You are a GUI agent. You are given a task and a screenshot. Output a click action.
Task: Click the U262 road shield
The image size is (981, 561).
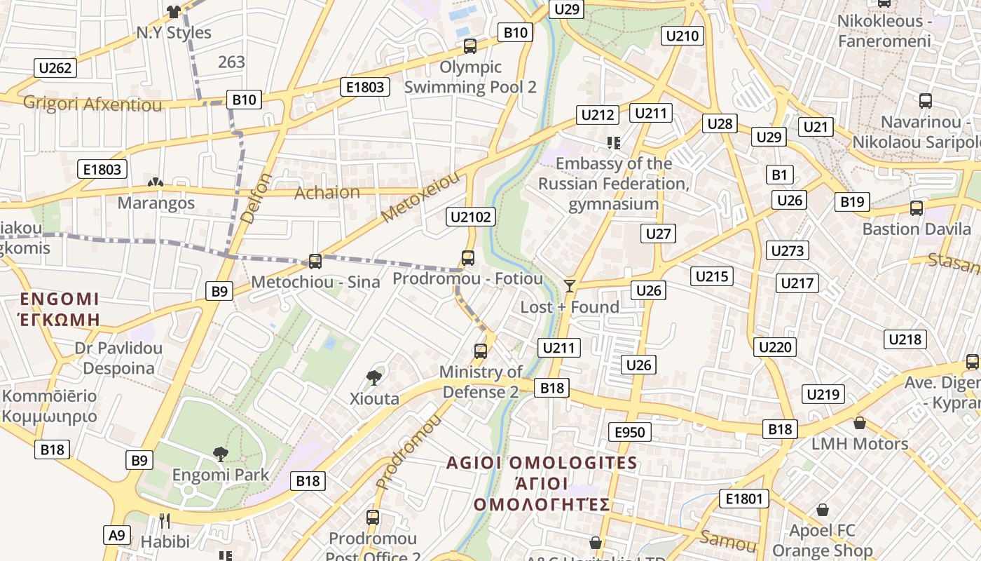pyautogui.click(x=55, y=68)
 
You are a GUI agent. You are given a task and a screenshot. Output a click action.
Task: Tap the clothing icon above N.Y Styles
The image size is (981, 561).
pyautogui.click(x=173, y=11)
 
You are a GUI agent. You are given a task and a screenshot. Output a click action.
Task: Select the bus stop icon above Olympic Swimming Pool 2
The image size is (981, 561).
pyautogui.click(x=469, y=46)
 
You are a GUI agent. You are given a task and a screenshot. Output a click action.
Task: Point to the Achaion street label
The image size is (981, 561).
pyautogui.click(x=327, y=192)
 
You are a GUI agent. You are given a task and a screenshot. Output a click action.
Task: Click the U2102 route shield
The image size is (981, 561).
pyautogui.click(x=471, y=217)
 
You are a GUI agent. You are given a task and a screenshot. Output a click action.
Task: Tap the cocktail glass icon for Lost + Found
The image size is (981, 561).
pyautogui.click(x=570, y=285)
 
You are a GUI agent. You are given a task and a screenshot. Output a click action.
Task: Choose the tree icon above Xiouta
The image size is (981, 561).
pyautogui.click(x=374, y=378)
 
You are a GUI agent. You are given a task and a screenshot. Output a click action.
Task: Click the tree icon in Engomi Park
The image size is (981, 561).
pyautogui.click(x=221, y=454)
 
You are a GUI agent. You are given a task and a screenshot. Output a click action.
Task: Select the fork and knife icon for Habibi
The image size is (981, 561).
pyautogui.click(x=165, y=520)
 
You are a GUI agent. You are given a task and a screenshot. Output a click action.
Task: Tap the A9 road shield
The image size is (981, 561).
pyautogui.click(x=116, y=535)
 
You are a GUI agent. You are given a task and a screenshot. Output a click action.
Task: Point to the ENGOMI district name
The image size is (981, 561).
pyautogui.click(x=60, y=299)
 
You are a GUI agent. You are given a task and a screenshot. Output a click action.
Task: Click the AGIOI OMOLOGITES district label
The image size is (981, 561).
pyautogui.click(x=542, y=463)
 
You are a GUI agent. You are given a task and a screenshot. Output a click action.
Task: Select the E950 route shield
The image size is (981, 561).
pyautogui.click(x=629, y=432)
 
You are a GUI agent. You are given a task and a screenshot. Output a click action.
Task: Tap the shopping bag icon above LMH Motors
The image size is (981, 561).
pyautogui.click(x=859, y=423)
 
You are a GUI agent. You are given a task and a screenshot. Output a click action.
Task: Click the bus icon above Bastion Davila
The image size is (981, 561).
pyautogui.click(x=916, y=208)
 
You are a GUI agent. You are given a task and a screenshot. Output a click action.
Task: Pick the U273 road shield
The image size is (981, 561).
pyautogui.click(x=788, y=250)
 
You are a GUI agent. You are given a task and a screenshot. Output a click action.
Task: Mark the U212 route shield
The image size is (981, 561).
pyautogui.click(x=598, y=115)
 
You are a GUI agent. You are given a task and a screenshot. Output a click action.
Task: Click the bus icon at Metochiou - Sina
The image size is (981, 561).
pyautogui.click(x=315, y=262)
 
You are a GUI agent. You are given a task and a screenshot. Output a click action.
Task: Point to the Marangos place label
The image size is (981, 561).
pyautogui.click(x=156, y=203)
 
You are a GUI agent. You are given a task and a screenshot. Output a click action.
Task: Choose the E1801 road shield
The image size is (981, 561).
pyautogui.click(x=743, y=499)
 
